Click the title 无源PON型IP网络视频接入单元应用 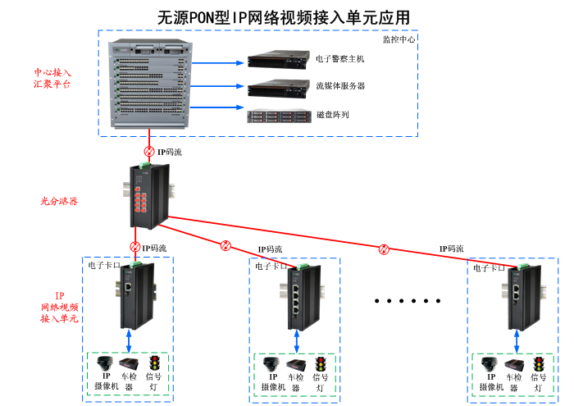[x=283, y=17]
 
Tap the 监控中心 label [x=399, y=39]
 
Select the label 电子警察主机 [x=339, y=60]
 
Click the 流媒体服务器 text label [x=340, y=86]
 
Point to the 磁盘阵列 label [x=332, y=115]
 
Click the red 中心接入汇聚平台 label [x=52, y=78]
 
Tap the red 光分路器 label [x=60, y=201]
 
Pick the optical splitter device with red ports [x=149, y=197]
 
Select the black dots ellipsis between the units [x=403, y=301]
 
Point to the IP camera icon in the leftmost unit [x=104, y=363]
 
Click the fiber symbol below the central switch [x=148, y=152]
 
